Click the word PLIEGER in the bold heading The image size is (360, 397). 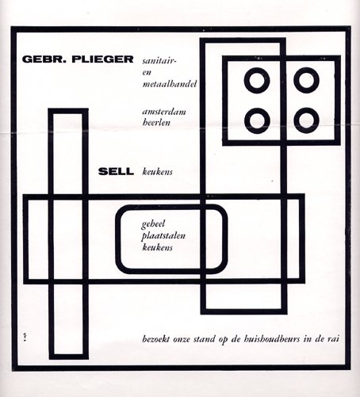click(102, 59)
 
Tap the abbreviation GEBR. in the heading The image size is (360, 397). click(44, 59)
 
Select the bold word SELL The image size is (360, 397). click(116, 172)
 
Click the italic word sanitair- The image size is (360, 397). click(159, 61)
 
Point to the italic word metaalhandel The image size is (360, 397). click(170, 84)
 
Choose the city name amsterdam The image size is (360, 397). click(164, 112)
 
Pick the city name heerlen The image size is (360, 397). click(156, 123)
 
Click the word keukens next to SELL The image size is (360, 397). click(157, 172)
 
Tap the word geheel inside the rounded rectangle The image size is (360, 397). click(153, 224)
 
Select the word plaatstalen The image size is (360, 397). click(163, 236)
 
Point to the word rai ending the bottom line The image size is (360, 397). click(333, 339)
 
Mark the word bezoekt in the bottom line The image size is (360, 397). click(156, 339)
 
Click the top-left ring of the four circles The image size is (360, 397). click(257, 80)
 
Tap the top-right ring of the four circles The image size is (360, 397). click(306, 80)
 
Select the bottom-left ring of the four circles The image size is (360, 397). click(257, 120)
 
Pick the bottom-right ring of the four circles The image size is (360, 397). click(306, 120)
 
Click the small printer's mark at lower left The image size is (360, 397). click(25, 338)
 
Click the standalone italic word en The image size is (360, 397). click(147, 73)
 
